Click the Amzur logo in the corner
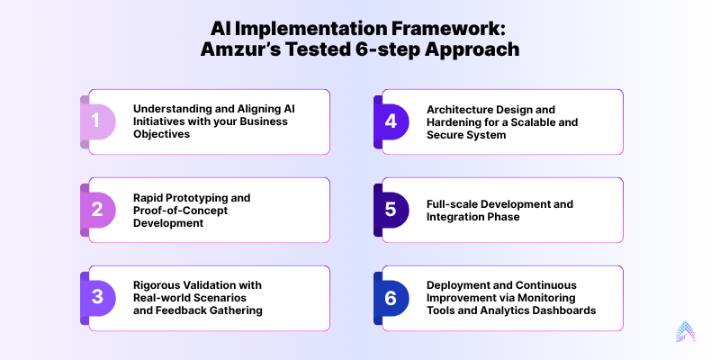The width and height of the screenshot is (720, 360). coord(689,332)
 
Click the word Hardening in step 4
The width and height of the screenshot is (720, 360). coord(455,121)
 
